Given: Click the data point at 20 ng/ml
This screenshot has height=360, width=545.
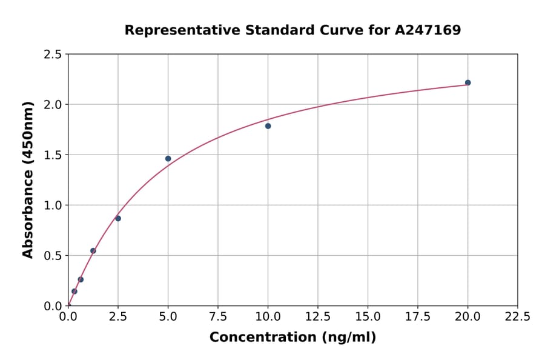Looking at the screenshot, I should pos(467,82).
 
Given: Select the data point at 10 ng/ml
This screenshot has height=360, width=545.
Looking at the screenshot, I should pos(268,126).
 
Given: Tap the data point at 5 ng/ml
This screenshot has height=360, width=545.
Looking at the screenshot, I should pos(168,159).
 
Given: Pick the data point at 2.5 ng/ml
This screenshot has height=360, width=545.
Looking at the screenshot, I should pos(118,218).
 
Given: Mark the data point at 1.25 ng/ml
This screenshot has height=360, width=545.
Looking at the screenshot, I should pos(93,251).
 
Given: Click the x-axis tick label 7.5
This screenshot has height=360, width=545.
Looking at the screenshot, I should pos(218,317).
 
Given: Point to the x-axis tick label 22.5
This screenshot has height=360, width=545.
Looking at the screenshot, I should pos(517,317).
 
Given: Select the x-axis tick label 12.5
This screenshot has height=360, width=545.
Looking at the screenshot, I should pos(318,317).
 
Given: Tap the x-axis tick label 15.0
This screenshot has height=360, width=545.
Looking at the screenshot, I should pos(368,317).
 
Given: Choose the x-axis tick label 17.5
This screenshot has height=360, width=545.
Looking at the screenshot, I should pos(418,317).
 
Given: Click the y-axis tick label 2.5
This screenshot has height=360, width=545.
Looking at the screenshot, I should pos(53,55).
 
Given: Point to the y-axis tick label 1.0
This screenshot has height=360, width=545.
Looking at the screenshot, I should pos(53,205).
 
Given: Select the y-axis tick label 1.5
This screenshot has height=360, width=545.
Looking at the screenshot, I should pos(53,155).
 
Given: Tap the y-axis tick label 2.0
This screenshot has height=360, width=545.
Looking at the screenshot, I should pos(53,105).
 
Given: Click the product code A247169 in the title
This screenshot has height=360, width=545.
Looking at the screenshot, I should pos(428,30).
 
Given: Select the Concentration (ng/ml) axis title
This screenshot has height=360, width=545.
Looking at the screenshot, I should pos(292,338).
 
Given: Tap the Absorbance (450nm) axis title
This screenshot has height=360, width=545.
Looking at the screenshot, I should pos(28,179).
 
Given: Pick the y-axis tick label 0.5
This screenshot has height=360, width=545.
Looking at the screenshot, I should pos(53,256).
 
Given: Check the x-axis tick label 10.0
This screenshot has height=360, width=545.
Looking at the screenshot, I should pos(268,317).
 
